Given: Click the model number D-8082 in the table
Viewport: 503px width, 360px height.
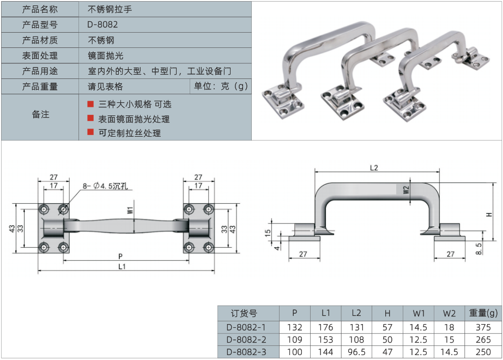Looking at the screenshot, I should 102,25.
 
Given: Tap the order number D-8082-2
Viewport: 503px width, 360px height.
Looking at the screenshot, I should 246,340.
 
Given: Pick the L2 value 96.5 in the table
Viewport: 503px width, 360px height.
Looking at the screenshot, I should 356,352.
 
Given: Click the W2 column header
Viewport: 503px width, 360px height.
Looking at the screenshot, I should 449,313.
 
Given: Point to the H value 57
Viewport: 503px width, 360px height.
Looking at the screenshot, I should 387,327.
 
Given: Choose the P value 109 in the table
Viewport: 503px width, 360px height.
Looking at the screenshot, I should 294,340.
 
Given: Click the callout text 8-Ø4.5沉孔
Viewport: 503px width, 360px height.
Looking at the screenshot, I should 106,186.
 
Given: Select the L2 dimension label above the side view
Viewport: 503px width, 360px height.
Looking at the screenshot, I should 373,168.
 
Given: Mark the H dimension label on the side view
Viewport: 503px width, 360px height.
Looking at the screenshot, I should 489,215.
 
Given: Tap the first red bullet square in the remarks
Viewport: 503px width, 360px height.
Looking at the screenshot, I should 90,103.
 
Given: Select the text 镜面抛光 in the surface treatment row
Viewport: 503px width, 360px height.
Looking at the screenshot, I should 106,56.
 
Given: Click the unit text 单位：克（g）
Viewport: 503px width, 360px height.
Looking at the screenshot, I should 220,86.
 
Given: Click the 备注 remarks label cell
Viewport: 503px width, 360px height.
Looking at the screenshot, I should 40,114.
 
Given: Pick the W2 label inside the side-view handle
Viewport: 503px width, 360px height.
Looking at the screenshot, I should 406,190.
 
